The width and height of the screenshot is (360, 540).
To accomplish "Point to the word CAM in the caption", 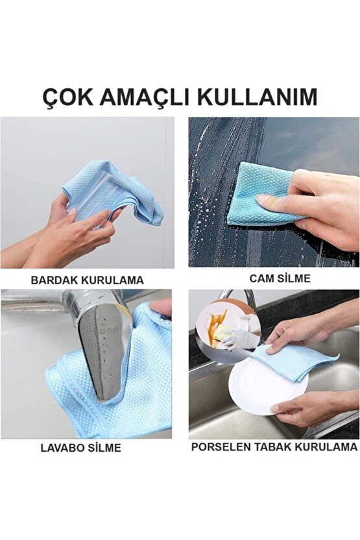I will point(261,278).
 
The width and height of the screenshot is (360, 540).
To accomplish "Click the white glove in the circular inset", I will point(237,337).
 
